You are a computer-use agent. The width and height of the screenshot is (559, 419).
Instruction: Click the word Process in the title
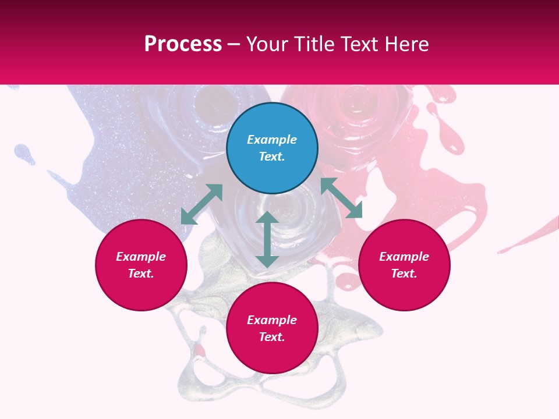click(x=183, y=44)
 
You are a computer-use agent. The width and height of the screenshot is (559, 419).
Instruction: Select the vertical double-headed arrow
click(x=267, y=239)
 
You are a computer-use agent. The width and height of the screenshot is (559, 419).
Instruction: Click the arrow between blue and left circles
click(x=201, y=204)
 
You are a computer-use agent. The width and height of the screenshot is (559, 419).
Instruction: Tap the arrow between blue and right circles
click(x=341, y=198)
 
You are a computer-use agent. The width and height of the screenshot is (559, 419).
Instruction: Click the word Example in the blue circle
click(x=272, y=140)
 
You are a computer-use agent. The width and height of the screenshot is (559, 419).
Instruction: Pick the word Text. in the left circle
click(x=141, y=274)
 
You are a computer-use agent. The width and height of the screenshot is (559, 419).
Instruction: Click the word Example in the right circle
click(x=404, y=257)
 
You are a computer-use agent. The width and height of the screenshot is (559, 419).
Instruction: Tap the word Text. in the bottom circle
click(x=272, y=337)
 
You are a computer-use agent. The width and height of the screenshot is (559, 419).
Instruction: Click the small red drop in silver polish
click(x=200, y=350)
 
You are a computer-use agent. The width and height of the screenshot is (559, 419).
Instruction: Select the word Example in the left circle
click(x=141, y=257)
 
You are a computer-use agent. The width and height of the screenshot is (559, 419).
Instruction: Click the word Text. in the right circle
click(x=404, y=274)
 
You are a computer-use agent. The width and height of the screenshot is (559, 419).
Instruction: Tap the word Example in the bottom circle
click(x=272, y=320)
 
